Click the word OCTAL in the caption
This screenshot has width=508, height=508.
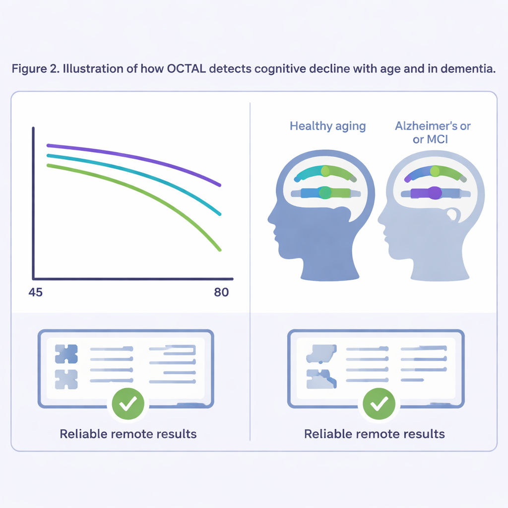coord(187,68)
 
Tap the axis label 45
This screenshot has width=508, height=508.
coord(35,292)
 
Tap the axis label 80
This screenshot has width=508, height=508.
coord(221,292)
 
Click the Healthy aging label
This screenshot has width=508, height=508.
coord(327,126)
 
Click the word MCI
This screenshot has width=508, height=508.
coord(436,139)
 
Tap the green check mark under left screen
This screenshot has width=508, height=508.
coord(128,404)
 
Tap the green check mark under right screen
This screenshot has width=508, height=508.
coord(379,404)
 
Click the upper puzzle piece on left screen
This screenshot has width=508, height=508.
coord(66,354)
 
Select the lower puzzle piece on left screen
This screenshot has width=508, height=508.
coord(66,379)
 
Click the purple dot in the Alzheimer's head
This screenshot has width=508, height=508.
coord(435,193)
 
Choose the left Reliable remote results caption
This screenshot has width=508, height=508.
coord(128,434)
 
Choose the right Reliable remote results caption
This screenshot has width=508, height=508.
coord(374,434)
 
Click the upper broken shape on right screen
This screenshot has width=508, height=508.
coord(321,354)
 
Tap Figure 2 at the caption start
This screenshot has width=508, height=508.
coord(36,68)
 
